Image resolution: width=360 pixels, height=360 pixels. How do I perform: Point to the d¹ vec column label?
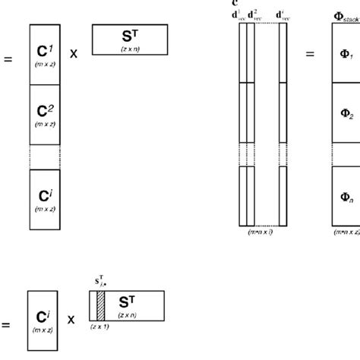(x=242, y=14)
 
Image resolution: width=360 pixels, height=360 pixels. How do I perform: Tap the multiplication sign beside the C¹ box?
(x=74, y=54)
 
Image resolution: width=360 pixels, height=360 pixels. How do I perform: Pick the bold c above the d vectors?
(x=235, y=3)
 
